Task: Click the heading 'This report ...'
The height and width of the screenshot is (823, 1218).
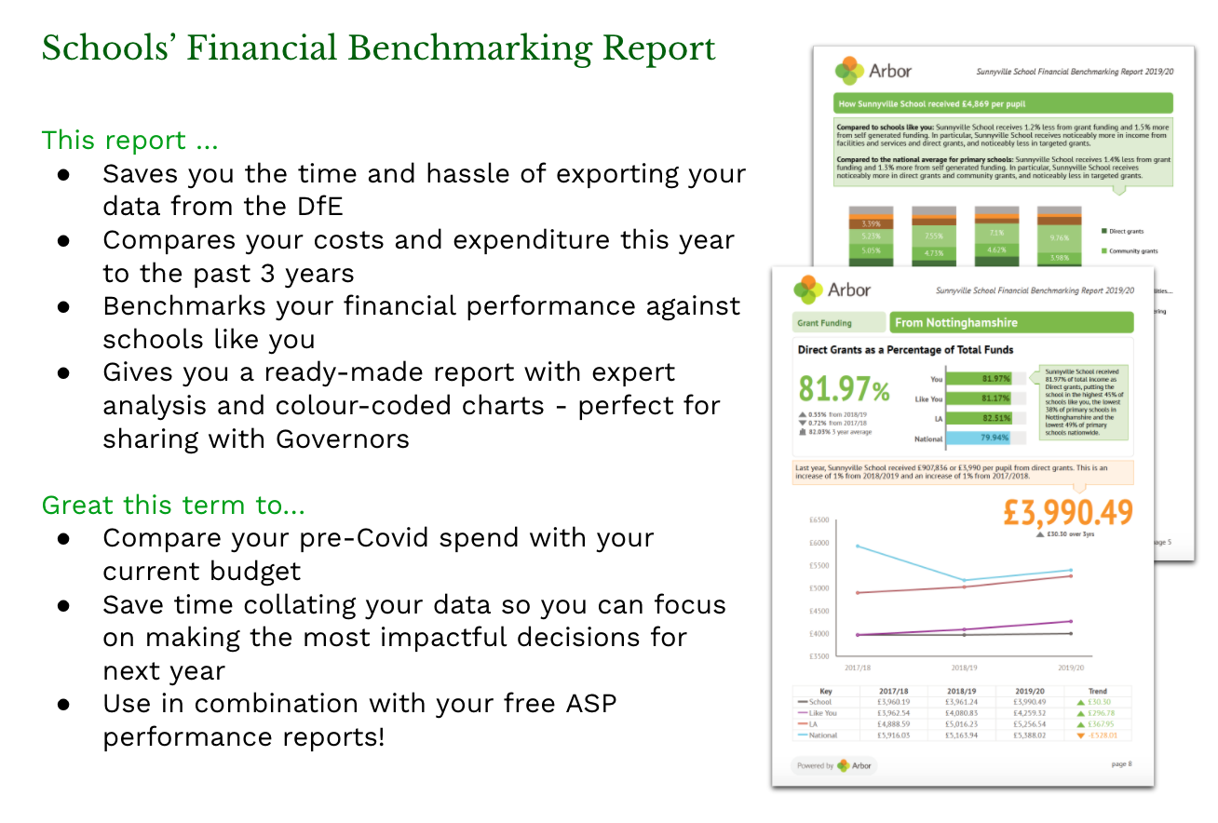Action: [130, 141]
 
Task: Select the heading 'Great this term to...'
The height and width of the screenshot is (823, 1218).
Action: [173, 506]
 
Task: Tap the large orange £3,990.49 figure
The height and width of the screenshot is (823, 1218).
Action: [1068, 513]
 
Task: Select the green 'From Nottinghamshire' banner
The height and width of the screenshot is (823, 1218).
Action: [1011, 323]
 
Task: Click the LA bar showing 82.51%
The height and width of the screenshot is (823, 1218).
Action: [985, 418]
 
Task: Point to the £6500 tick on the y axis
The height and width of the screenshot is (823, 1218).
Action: [819, 519]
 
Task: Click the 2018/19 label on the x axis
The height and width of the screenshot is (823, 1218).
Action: [964, 668]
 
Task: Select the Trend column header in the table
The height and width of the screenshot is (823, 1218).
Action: [1097, 692]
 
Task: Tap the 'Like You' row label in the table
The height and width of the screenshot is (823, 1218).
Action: [822, 713]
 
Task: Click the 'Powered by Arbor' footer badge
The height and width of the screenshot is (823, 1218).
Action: [834, 765]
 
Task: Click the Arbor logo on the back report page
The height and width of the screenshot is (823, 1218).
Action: [873, 70]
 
